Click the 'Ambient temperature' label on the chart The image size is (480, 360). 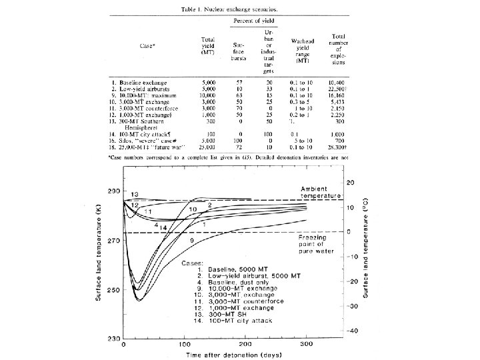(x=318, y=193)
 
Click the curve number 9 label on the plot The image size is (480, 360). (x=192, y=239)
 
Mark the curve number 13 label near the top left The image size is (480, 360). (x=134, y=194)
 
